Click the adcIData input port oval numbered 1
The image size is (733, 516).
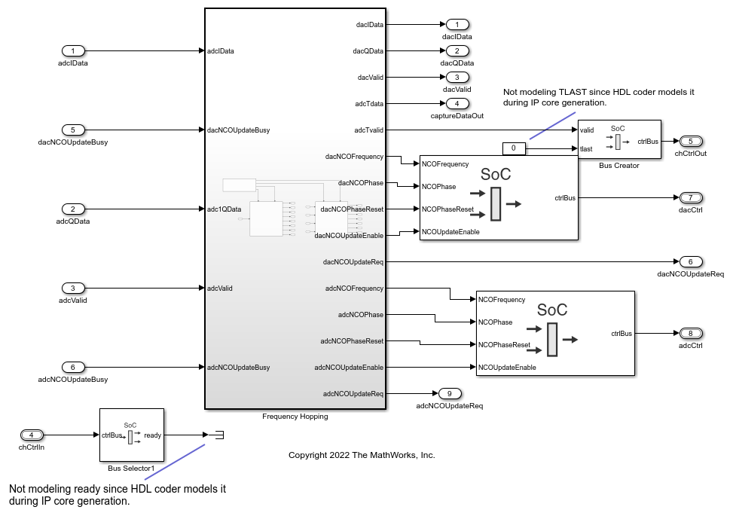coord(73,51)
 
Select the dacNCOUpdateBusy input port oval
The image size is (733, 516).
coord(73,130)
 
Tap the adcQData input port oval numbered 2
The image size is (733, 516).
coord(73,209)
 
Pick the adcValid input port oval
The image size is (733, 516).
coord(73,288)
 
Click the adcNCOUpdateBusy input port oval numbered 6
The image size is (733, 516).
coord(73,367)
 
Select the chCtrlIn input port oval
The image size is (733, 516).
coord(32,435)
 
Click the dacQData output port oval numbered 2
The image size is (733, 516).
coord(457,51)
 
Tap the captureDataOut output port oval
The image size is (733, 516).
coord(457,103)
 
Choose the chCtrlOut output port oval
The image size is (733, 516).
coord(690,141)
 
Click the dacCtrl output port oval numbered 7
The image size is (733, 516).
coord(690,197)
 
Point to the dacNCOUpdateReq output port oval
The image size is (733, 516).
coord(690,261)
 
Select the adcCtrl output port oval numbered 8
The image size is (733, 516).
coord(690,333)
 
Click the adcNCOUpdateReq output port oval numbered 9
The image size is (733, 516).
coord(449,393)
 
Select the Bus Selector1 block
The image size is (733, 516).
coord(131,435)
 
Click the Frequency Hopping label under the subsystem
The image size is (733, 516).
coord(295,417)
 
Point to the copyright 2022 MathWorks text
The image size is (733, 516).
coord(362,455)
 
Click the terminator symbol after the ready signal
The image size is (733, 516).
coord(218,435)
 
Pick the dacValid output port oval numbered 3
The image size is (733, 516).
coord(457,77)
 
